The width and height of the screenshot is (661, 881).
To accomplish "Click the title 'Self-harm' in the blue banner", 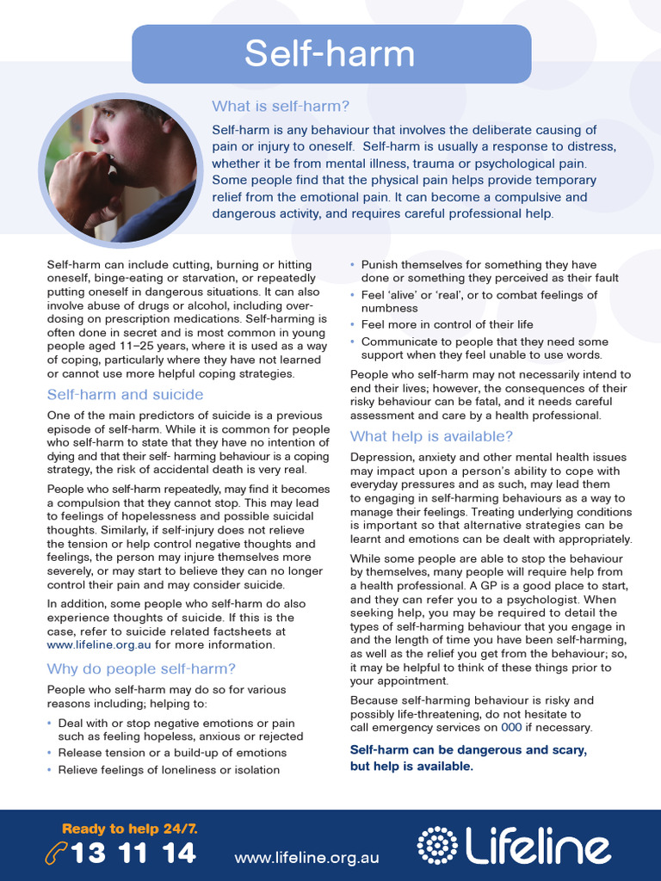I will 330,53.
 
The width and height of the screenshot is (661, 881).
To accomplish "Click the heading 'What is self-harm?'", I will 281,106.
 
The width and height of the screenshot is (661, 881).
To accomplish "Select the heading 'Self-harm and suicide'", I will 125,394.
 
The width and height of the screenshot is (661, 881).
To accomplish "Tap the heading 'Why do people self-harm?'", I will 141,668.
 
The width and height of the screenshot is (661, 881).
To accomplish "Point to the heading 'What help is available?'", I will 431,436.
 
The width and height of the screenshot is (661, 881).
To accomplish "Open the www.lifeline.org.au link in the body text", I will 98,644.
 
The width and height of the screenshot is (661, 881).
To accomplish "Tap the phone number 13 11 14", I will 133,853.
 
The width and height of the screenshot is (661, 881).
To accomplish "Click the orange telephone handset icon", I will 56,853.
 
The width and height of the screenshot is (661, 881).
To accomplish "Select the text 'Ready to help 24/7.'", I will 130,829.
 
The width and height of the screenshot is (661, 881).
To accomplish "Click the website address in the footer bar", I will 306,857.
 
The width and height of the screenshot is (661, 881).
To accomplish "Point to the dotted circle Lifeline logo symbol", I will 436,845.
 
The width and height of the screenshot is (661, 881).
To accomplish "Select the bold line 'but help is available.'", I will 411,767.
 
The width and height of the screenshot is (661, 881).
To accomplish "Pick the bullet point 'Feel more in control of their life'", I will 447,324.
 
